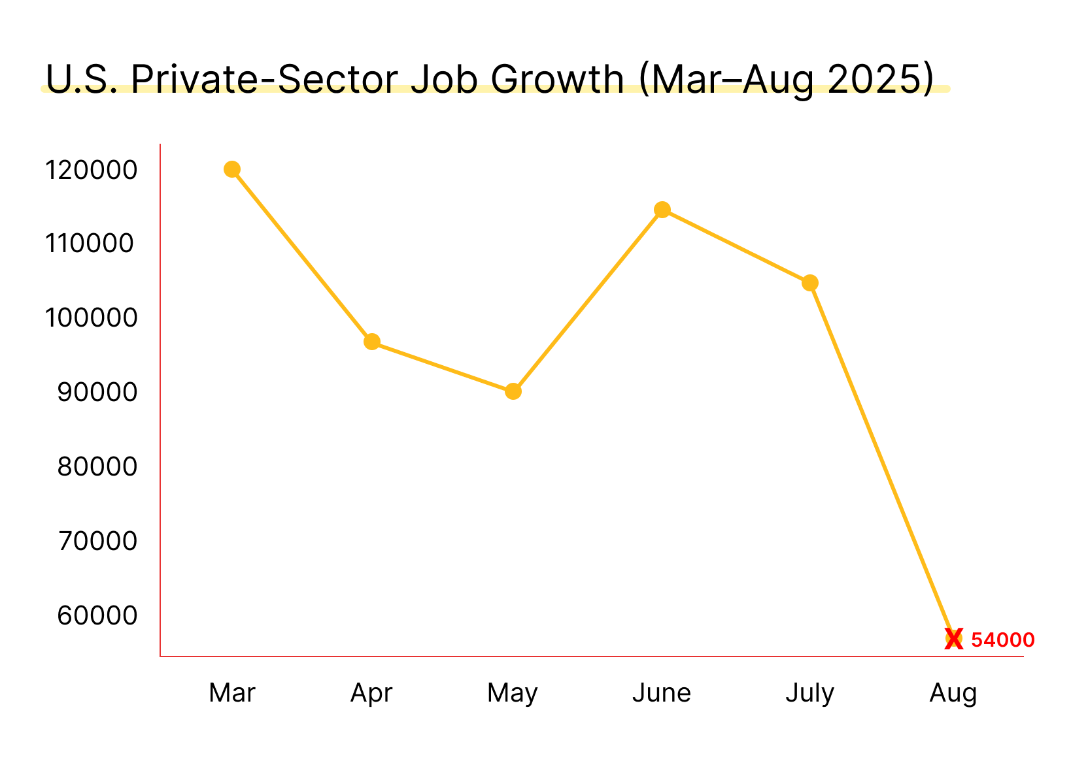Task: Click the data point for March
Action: coord(232,169)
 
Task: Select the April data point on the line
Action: coord(372,342)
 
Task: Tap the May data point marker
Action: coord(513,391)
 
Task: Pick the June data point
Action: coord(662,210)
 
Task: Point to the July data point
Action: coord(810,283)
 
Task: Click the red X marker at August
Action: coord(954,640)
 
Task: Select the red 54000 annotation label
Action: coord(1002,640)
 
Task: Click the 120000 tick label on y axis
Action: coord(91,170)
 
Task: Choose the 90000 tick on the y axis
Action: coord(97,393)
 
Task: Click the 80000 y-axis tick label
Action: coord(97,467)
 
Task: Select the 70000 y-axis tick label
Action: coord(97,542)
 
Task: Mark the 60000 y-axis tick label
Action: coord(97,615)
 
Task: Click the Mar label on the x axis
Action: coord(232,693)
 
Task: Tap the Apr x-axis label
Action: coord(371,693)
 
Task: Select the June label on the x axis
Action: coord(662,693)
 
